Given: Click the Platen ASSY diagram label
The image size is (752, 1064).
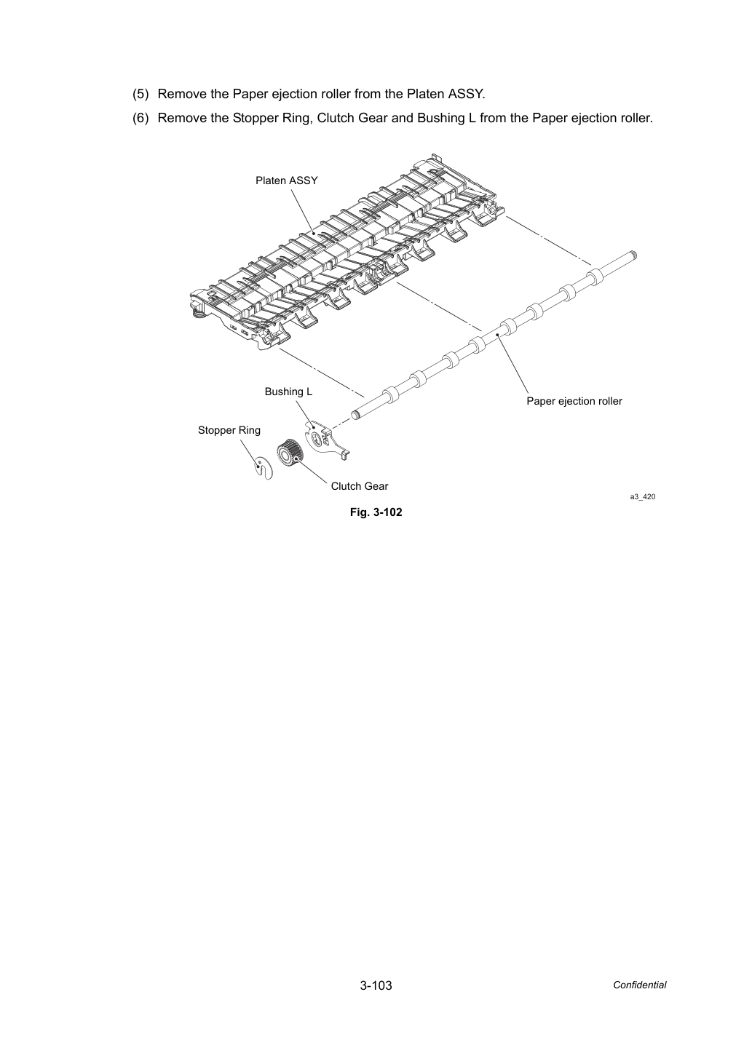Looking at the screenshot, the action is [x=286, y=180].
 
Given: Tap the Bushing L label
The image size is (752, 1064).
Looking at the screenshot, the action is [x=288, y=392].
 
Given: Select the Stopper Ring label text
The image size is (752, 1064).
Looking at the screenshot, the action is [x=229, y=430].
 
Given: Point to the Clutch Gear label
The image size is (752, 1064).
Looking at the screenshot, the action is [x=360, y=486].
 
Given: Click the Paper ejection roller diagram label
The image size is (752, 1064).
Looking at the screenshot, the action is [x=574, y=401].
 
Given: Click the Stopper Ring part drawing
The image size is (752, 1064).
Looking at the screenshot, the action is [x=262, y=468].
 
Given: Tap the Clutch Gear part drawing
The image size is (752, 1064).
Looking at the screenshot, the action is [x=289, y=453].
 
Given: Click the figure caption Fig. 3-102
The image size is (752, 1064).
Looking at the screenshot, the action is [x=376, y=512].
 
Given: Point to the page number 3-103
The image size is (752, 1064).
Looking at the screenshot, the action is [x=376, y=985].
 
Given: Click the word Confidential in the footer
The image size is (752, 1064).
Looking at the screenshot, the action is [x=639, y=985].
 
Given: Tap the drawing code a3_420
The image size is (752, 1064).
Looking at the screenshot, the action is [x=643, y=497].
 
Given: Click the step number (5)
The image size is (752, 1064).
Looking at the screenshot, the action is [x=140, y=94].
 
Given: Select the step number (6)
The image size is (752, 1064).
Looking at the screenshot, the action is [x=140, y=118].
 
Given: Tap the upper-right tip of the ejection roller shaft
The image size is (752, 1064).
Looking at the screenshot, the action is [x=634, y=255].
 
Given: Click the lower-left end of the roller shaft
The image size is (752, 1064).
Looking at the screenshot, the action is [x=355, y=415].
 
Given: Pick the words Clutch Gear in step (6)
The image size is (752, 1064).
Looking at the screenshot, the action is [x=352, y=118].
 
